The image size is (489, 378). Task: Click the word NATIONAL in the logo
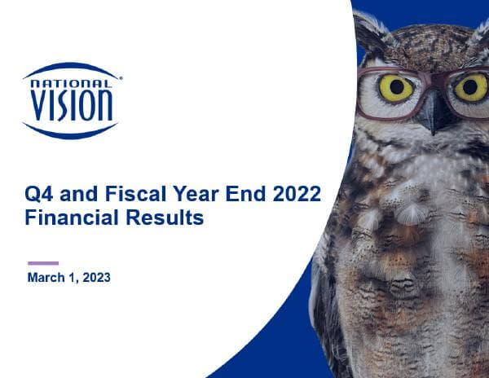[71, 82]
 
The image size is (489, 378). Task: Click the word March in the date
[46, 278]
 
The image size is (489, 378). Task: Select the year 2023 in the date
[95, 278]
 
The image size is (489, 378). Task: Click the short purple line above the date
[43, 263]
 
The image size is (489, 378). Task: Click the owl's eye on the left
[395, 88]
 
